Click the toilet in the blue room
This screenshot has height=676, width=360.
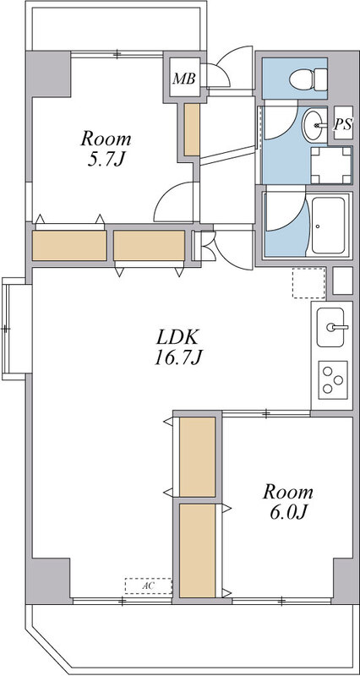308,79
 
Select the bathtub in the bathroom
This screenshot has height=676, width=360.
328,226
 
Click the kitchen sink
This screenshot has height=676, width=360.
330,327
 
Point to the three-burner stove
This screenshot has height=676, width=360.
333,379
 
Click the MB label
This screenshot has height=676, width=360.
184,79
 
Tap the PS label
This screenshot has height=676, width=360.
343,124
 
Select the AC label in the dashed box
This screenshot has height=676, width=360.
148,586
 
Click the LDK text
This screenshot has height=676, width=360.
177,337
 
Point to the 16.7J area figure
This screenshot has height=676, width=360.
177,357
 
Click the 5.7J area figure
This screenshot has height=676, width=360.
106,160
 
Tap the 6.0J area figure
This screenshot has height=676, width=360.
288,512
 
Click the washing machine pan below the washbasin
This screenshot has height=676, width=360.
331,165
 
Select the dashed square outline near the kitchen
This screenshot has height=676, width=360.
308,283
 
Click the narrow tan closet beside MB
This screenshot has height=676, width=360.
192,130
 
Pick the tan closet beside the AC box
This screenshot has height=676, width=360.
198,551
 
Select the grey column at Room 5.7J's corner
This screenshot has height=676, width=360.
48,74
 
